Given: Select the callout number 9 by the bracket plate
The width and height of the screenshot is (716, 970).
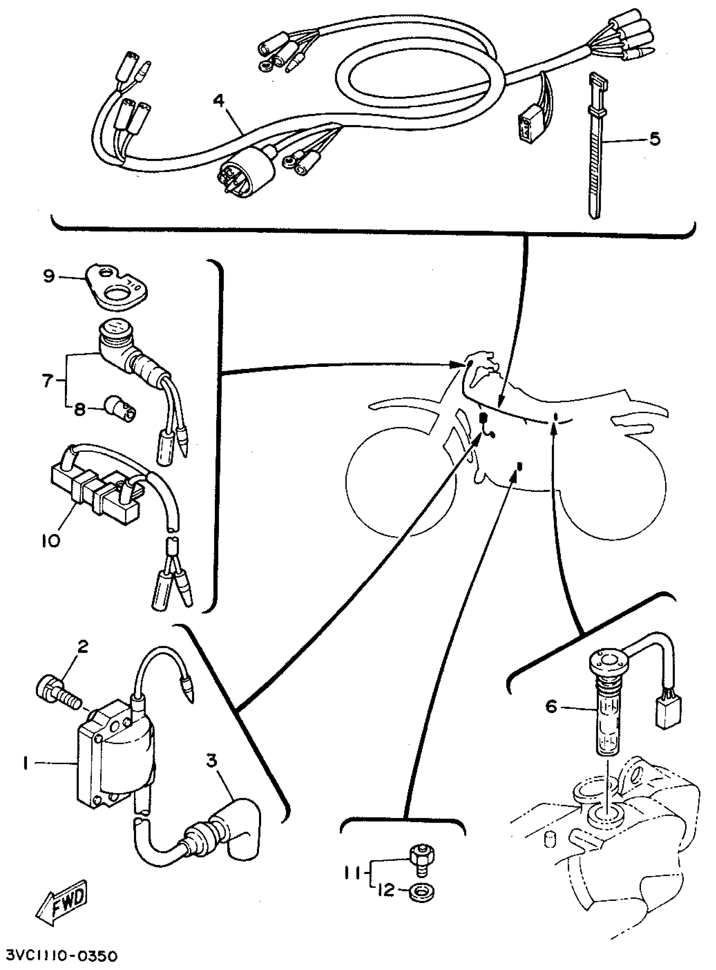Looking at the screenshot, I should [49, 275].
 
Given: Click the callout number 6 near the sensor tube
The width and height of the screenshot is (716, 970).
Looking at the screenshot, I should [550, 707].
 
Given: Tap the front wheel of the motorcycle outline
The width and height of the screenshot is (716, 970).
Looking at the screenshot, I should [401, 481].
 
